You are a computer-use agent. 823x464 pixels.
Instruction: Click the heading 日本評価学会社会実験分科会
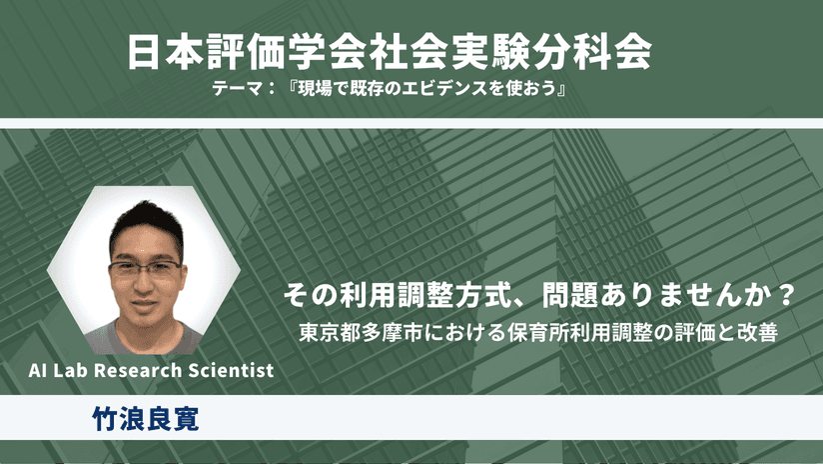pyautogui.click(x=389, y=53)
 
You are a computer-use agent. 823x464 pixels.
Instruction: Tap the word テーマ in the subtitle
pyautogui.click(x=238, y=88)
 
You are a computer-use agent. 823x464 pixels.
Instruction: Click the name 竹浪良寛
pyautogui.click(x=146, y=418)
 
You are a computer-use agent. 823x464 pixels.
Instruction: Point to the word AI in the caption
pyautogui.click(x=38, y=370)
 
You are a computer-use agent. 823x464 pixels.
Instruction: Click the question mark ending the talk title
pyautogui.click(x=785, y=295)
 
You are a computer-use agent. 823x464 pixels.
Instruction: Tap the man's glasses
pyautogui.click(x=146, y=269)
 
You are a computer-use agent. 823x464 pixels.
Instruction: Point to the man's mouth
pyautogui.click(x=145, y=304)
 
